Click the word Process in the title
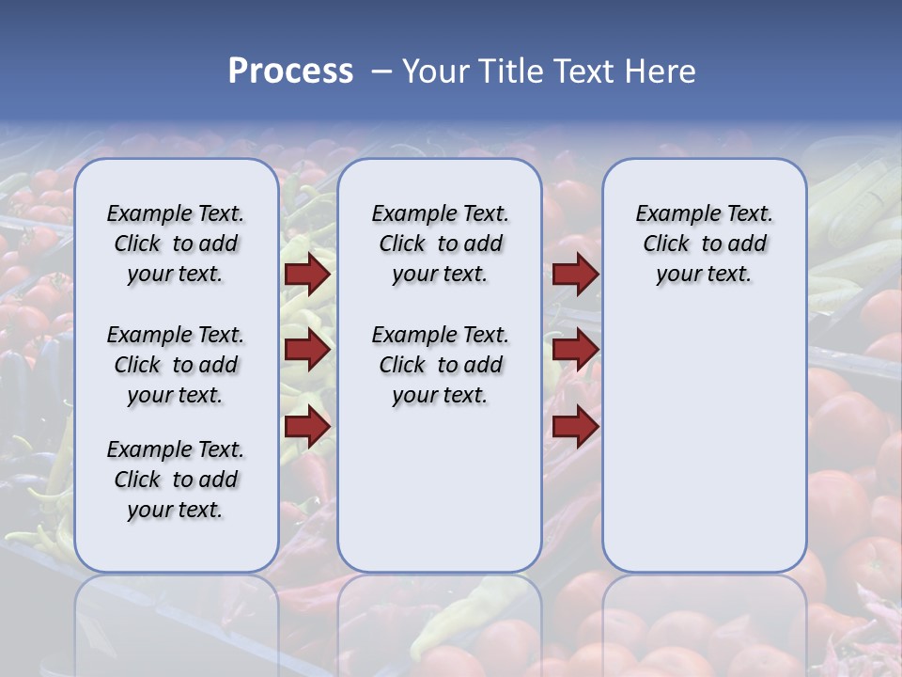(290, 71)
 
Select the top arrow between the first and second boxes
(307, 275)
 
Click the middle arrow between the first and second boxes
(307, 351)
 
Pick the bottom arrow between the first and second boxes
(307, 427)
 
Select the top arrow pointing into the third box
(575, 275)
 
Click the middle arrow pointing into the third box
(575, 351)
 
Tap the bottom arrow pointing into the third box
(575, 427)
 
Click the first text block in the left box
(176, 244)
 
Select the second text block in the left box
(176, 365)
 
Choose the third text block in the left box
(176, 480)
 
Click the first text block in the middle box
(441, 244)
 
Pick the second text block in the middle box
(441, 365)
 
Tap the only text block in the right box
(705, 244)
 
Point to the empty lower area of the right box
(705, 442)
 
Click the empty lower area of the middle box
(441, 489)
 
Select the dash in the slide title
(382, 71)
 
